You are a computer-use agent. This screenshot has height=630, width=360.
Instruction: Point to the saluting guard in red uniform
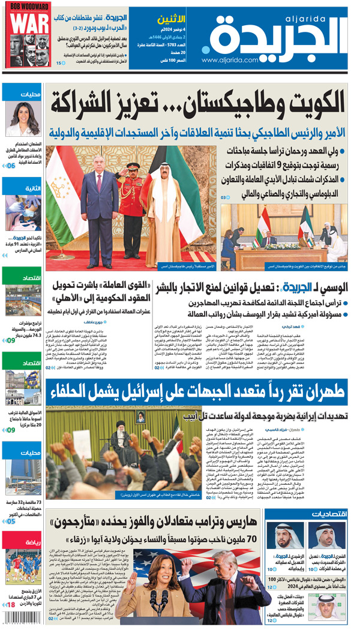pyautogui.click(x=133, y=198)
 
